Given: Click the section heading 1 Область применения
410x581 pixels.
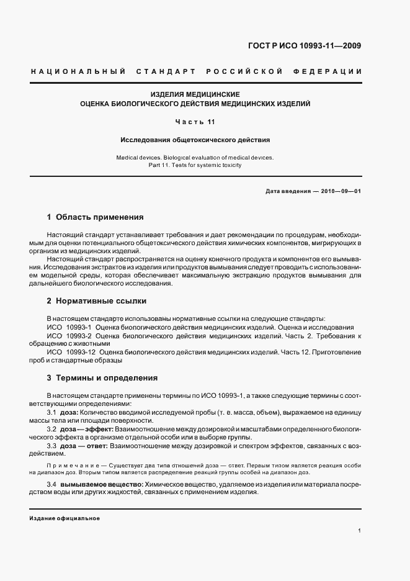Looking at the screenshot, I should coord(96,217).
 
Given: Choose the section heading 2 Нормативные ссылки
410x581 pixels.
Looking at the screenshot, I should coord(97,301).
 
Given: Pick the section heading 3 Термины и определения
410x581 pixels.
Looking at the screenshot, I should coord(102,377).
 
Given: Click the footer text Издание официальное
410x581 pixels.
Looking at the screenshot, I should coord(65,518).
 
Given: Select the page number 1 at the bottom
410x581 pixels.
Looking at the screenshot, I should coord(360,531).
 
